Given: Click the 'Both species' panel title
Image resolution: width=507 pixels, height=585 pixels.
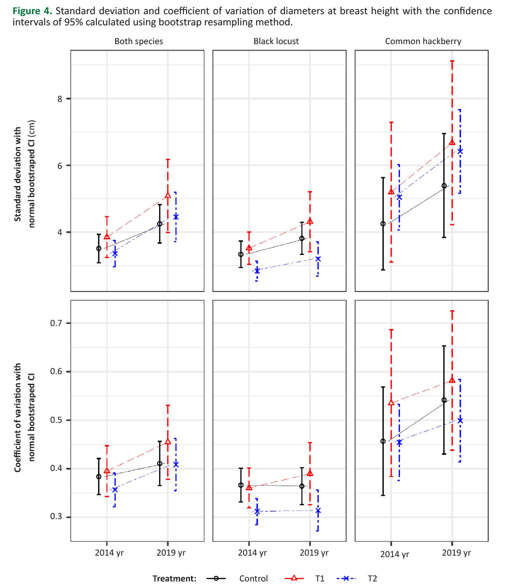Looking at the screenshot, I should click(138, 42).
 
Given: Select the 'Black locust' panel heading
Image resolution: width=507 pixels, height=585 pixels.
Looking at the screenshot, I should click(276, 42).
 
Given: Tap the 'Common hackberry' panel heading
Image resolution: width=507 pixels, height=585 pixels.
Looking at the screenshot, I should click(423, 42).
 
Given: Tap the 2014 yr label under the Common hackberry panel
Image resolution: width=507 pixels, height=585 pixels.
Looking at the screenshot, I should click(391, 554).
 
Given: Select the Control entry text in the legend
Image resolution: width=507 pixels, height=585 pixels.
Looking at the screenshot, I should click(253, 578).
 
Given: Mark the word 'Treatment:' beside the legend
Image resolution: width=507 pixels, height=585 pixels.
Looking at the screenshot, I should click(174, 578).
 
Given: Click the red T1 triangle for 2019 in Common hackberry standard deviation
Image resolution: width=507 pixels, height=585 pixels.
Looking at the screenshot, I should click(452, 142).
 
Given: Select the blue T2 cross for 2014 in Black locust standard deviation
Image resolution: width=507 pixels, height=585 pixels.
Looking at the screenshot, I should click(257, 271).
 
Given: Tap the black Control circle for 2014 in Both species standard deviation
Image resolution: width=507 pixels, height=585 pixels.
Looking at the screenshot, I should click(99, 248).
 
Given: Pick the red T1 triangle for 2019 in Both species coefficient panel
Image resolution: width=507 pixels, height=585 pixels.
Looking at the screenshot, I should click(168, 442).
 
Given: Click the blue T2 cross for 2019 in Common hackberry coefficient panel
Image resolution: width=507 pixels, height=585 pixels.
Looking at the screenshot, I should click(460, 420).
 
